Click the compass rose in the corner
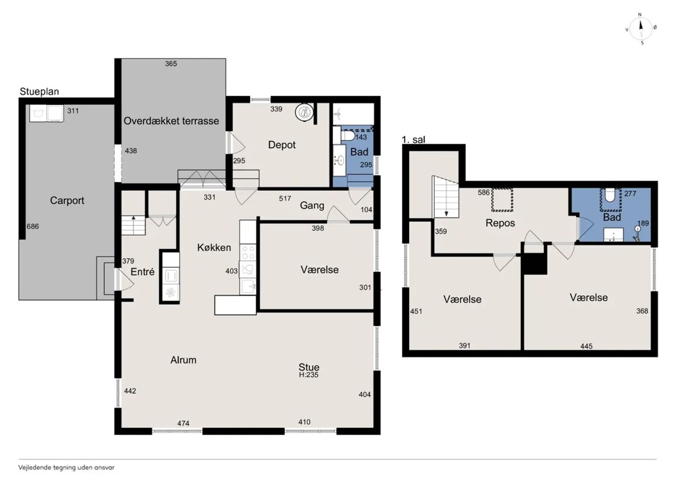(x=641, y=29)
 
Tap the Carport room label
(x=67, y=200)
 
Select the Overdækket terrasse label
(x=171, y=121)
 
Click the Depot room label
(x=282, y=145)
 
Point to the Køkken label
(x=214, y=247)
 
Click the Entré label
(x=143, y=271)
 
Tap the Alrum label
(x=183, y=360)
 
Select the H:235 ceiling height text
(x=308, y=375)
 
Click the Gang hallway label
(x=312, y=205)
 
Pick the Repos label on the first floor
(x=500, y=223)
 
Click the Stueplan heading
(x=39, y=91)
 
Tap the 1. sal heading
(x=413, y=139)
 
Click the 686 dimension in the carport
(x=33, y=227)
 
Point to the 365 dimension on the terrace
(x=171, y=64)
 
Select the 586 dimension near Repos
(x=483, y=193)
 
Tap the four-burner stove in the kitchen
(x=248, y=252)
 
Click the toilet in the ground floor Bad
(x=348, y=136)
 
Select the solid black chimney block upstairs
(x=535, y=264)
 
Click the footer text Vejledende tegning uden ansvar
(x=67, y=467)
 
